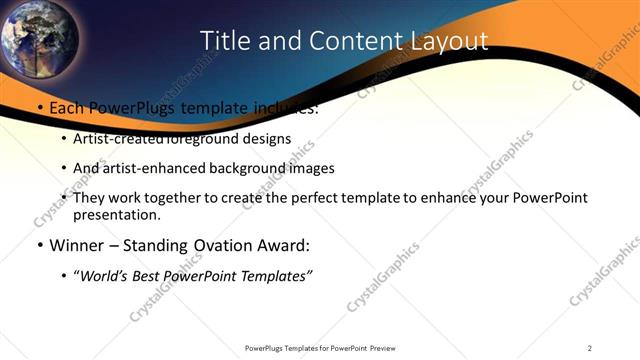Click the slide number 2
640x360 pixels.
[590, 348]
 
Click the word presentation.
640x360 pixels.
[117, 215]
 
